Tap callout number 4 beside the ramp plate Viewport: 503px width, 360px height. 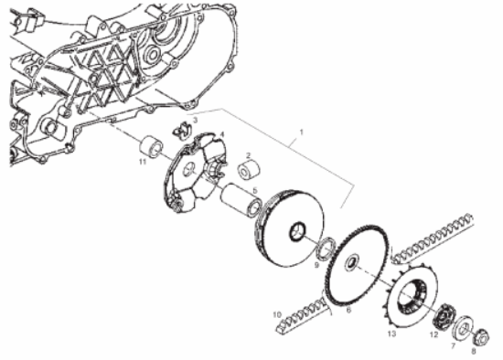pos(222,134)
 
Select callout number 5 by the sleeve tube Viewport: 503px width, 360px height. pos(254,190)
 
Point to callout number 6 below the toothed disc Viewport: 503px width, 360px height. pos(347,310)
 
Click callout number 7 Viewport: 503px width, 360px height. pos(451,344)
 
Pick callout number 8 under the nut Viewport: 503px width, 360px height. pos(474,349)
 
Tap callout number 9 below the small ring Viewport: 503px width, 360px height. pos(316,265)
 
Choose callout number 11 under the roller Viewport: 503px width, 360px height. pos(142,162)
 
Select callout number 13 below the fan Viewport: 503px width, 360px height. pos(391,335)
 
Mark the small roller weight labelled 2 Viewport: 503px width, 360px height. pos(247,170)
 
